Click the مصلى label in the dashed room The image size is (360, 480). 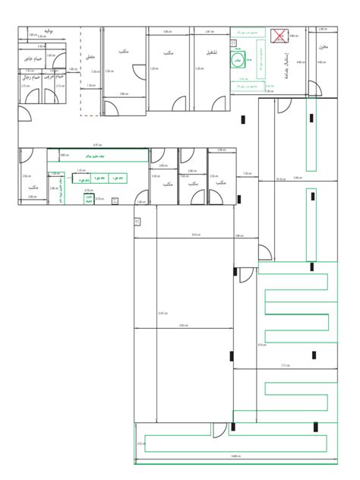click(x=90, y=55)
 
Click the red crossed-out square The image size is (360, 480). click(x=280, y=35)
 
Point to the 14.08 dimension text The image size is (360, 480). click(x=236, y=456)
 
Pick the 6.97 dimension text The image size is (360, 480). click(x=96, y=144)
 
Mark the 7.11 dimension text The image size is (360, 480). click(x=285, y=365)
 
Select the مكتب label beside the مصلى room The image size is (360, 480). click(x=122, y=52)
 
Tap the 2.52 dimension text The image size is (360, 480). click(x=141, y=444)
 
